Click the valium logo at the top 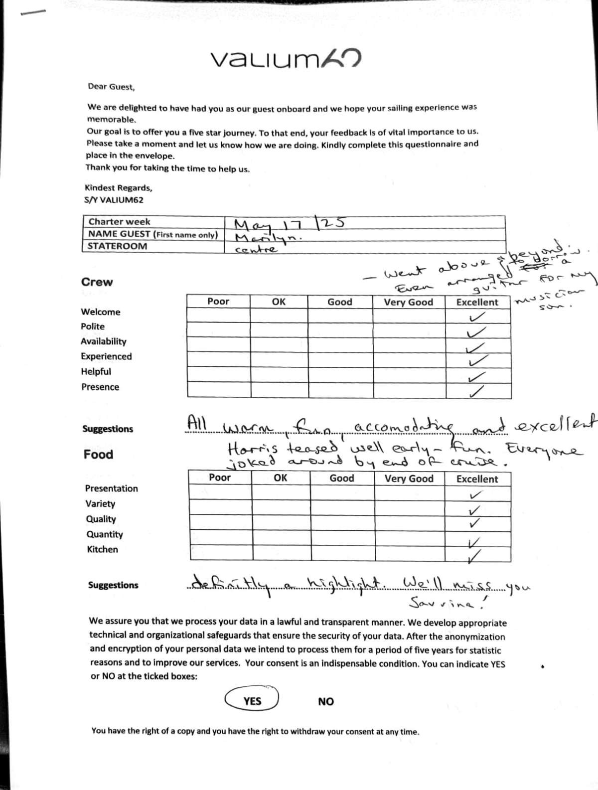[x=286, y=59]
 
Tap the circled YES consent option [x=252, y=700]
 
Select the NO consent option [x=326, y=702]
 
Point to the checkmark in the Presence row [x=476, y=392]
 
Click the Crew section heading [x=97, y=282]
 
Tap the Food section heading [x=98, y=455]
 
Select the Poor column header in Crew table [x=218, y=302]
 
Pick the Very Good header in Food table [x=409, y=479]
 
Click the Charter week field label [x=119, y=222]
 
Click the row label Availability [x=104, y=341]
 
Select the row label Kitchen [x=103, y=549]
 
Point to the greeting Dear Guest [x=111, y=87]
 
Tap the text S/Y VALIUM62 [x=114, y=200]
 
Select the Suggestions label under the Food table [x=113, y=585]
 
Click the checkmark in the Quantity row [x=475, y=542]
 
